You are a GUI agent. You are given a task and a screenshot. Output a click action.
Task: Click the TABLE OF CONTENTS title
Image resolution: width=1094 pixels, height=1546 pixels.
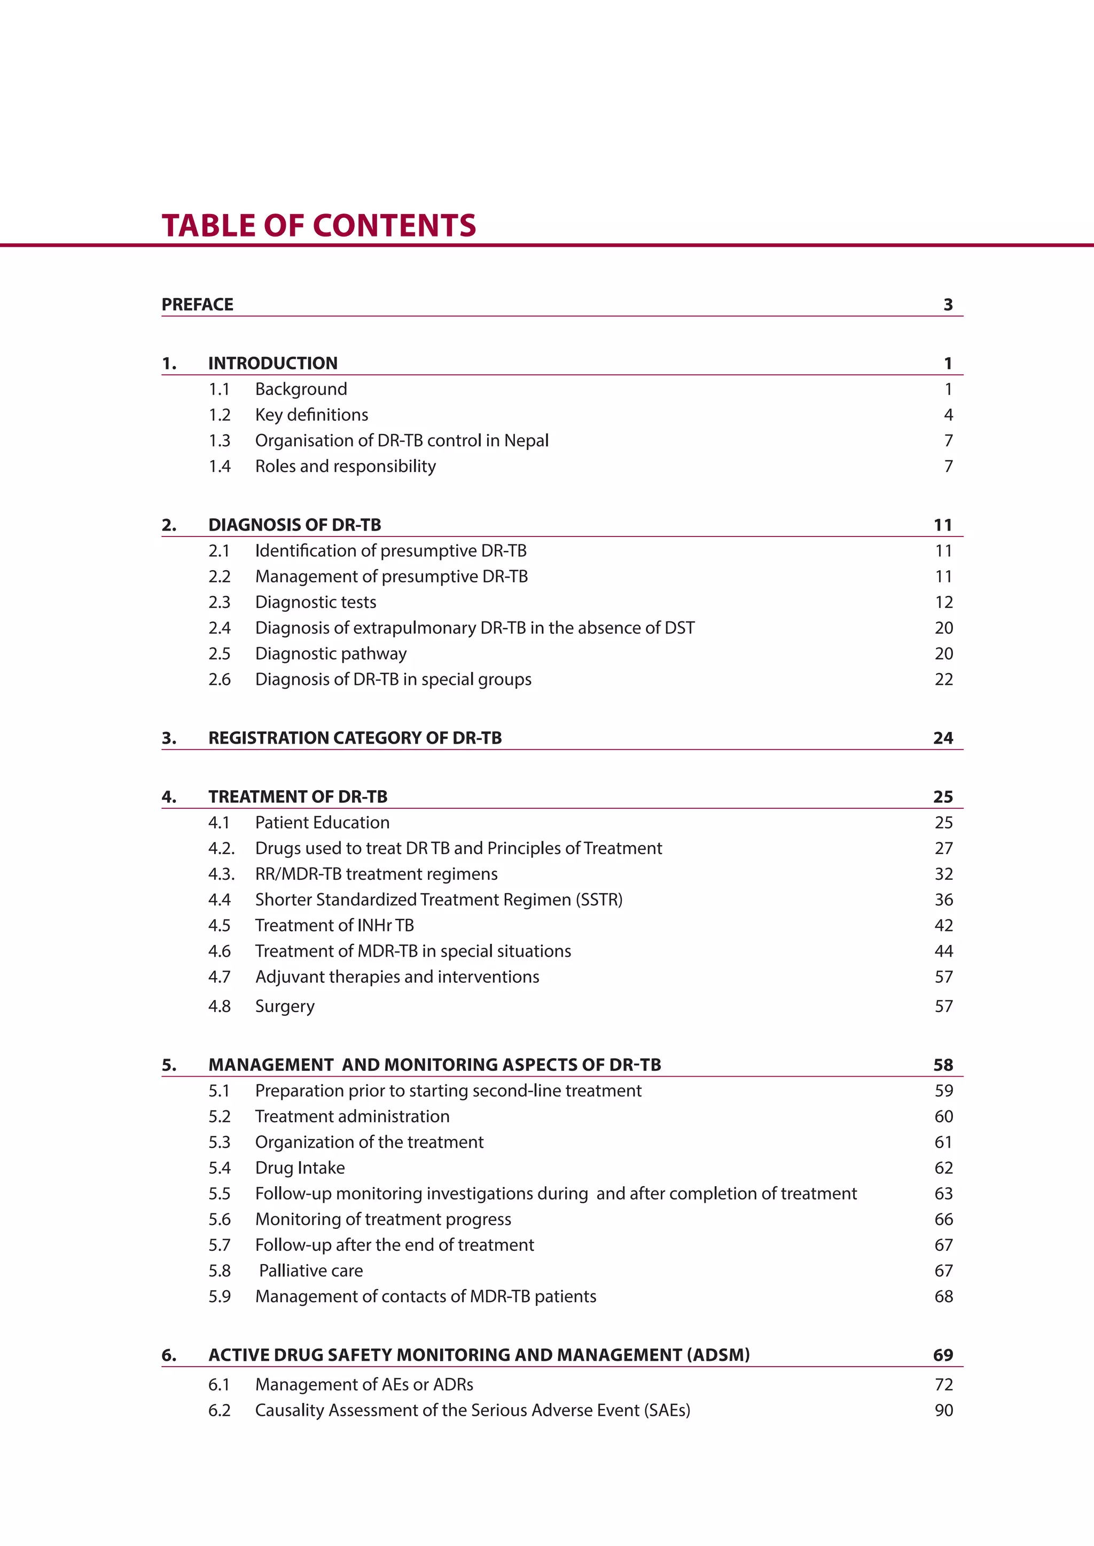[x=318, y=226]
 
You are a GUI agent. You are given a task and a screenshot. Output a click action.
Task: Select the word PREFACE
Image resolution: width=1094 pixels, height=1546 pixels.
[x=197, y=304]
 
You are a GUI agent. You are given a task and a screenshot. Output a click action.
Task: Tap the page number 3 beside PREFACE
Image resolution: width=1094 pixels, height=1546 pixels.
[x=948, y=304]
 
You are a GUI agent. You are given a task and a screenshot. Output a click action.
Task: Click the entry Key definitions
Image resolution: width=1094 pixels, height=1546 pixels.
[x=311, y=415]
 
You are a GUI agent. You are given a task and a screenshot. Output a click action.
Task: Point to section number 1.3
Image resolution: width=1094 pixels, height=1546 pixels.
[x=219, y=440]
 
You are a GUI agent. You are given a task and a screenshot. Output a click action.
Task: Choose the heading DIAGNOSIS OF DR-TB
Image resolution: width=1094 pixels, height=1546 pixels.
[x=294, y=525]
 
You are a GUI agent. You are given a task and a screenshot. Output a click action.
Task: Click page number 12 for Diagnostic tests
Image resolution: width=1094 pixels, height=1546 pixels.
[x=943, y=602]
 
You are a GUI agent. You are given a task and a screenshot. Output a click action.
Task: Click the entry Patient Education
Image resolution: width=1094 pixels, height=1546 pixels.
[x=322, y=822]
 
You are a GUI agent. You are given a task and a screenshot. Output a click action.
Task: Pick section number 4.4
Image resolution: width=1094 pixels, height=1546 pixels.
[x=219, y=900]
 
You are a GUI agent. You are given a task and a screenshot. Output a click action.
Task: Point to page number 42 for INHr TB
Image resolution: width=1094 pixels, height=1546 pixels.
[x=943, y=925]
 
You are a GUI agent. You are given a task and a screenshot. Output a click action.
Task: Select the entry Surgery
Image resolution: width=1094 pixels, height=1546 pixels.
[x=284, y=1006]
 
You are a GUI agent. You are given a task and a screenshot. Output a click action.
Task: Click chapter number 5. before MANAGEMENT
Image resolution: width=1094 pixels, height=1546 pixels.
[x=169, y=1064]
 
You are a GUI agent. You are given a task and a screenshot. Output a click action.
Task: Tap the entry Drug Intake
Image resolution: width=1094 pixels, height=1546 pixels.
[x=300, y=1168]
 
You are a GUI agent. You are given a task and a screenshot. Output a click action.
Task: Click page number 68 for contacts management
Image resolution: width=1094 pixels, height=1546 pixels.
[x=943, y=1296]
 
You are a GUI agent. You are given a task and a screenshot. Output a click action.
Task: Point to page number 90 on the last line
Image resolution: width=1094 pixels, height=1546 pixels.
[x=943, y=1410]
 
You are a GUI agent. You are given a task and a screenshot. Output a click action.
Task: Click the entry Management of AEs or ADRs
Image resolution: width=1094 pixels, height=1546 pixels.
[x=364, y=1384]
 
